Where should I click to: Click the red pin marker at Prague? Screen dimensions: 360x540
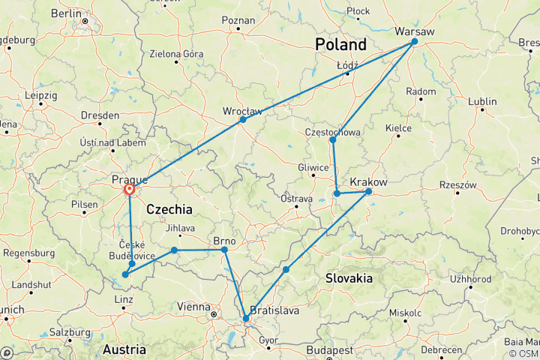130,190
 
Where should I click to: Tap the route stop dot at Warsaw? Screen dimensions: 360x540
414,42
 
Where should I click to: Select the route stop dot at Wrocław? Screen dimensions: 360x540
242,119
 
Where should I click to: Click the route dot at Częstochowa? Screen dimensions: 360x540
332,139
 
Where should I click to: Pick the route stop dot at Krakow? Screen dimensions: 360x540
368,191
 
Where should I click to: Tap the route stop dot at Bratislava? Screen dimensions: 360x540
246,319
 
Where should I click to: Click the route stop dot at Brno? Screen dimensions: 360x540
224,250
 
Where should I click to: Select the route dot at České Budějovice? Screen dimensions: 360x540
132,263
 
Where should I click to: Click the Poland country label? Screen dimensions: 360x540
340,44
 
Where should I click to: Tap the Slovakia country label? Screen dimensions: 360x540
349,278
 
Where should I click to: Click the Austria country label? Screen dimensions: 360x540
124,349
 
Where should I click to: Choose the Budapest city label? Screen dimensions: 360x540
333,349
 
